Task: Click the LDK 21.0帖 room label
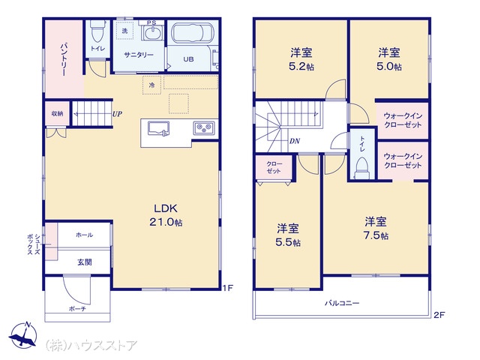166,215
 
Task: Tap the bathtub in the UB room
192,33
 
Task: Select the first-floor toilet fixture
97,31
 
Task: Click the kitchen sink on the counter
158,128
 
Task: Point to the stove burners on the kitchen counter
204,127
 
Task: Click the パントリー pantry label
64,59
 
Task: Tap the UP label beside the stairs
117,114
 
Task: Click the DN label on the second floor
295,141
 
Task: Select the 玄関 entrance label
84,262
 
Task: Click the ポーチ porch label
77,309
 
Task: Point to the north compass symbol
23,335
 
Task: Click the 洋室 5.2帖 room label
301,59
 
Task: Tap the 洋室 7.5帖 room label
376,228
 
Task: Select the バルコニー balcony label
342,303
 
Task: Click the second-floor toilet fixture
361,168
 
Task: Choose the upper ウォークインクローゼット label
403,120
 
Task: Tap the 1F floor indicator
228,288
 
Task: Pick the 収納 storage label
57,113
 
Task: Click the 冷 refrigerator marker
151,85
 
